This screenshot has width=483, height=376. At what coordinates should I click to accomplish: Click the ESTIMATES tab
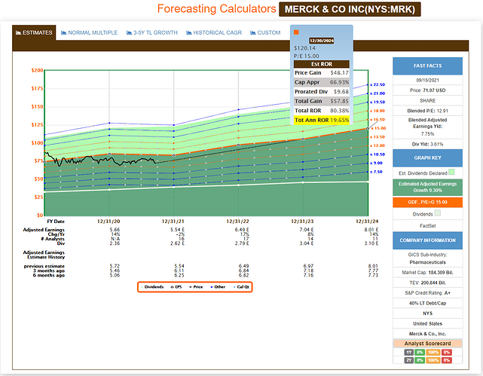coord(33,33)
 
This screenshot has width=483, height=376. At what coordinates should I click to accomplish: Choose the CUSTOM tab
coord(267,33)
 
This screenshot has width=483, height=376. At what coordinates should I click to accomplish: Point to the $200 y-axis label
coord(36,70)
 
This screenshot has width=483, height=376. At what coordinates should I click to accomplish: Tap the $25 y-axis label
coord(37,197)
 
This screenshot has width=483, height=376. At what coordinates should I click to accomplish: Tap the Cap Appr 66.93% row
coord(332,81)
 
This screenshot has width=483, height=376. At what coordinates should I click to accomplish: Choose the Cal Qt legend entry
coord(243,286)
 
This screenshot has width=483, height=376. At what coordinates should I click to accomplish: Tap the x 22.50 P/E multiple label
coord(378,84)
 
